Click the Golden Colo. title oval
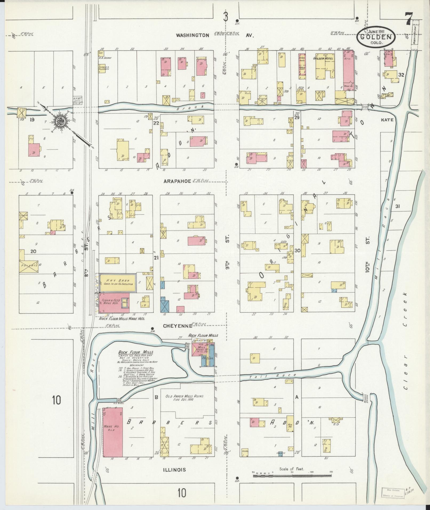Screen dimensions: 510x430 pos(376,37)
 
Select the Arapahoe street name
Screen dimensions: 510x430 pos(177,181)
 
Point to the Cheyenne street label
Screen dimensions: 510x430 pos(178,326)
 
